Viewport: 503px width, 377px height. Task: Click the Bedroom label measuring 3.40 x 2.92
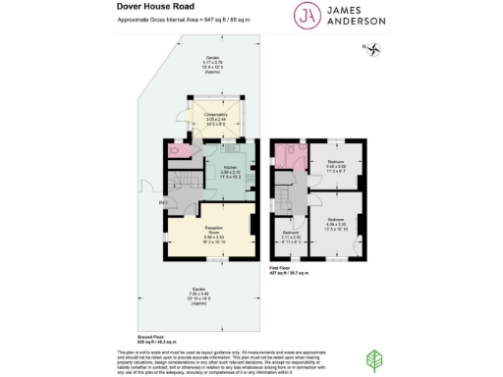coord(336,166)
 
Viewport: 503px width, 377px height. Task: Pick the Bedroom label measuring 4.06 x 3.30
coord(336,222)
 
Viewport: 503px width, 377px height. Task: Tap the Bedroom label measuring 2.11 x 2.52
coord(289,238)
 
